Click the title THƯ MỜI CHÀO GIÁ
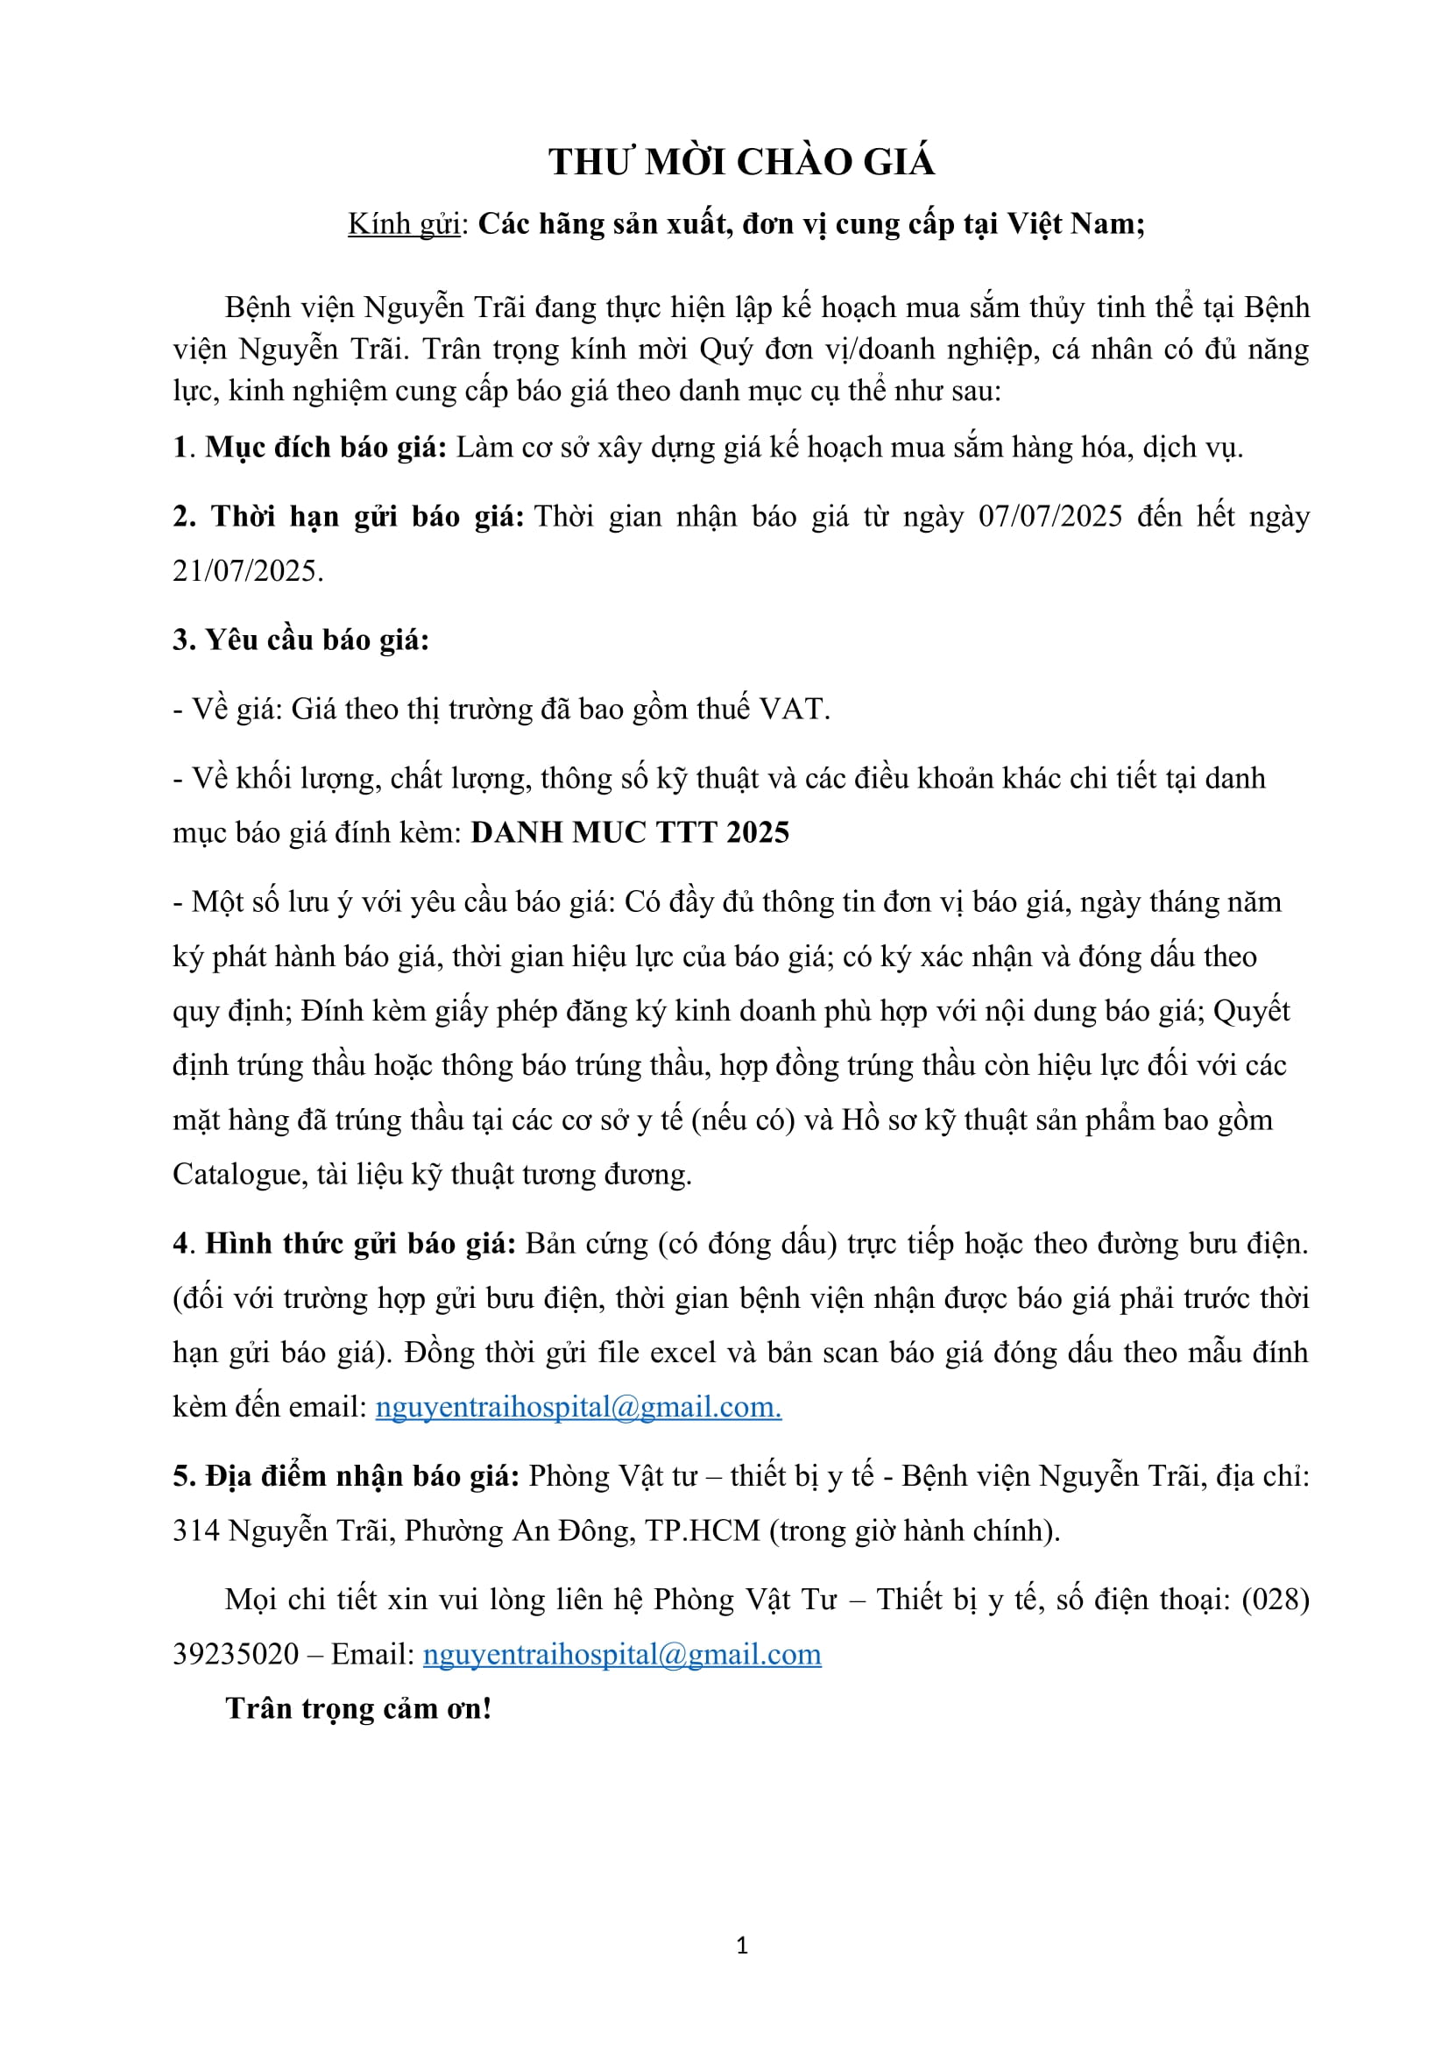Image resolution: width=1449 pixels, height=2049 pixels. [741, 162]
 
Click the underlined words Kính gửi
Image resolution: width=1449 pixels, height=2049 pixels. [403, 224]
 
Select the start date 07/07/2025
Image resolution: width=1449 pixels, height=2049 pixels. [1050, 517]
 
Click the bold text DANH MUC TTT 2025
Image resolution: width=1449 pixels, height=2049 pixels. [630, 832]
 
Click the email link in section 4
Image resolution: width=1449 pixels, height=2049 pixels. [578, 1408]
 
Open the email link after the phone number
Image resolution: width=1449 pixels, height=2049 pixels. [621, 1655]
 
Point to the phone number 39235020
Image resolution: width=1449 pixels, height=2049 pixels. [236, 1655]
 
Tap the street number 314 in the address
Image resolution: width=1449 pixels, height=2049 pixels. [195, 1531]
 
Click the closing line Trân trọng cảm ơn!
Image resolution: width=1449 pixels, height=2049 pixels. [358, 1709]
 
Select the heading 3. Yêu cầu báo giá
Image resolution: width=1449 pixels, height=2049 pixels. [300, 639]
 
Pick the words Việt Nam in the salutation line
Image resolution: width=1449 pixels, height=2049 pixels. [1075, 224]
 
